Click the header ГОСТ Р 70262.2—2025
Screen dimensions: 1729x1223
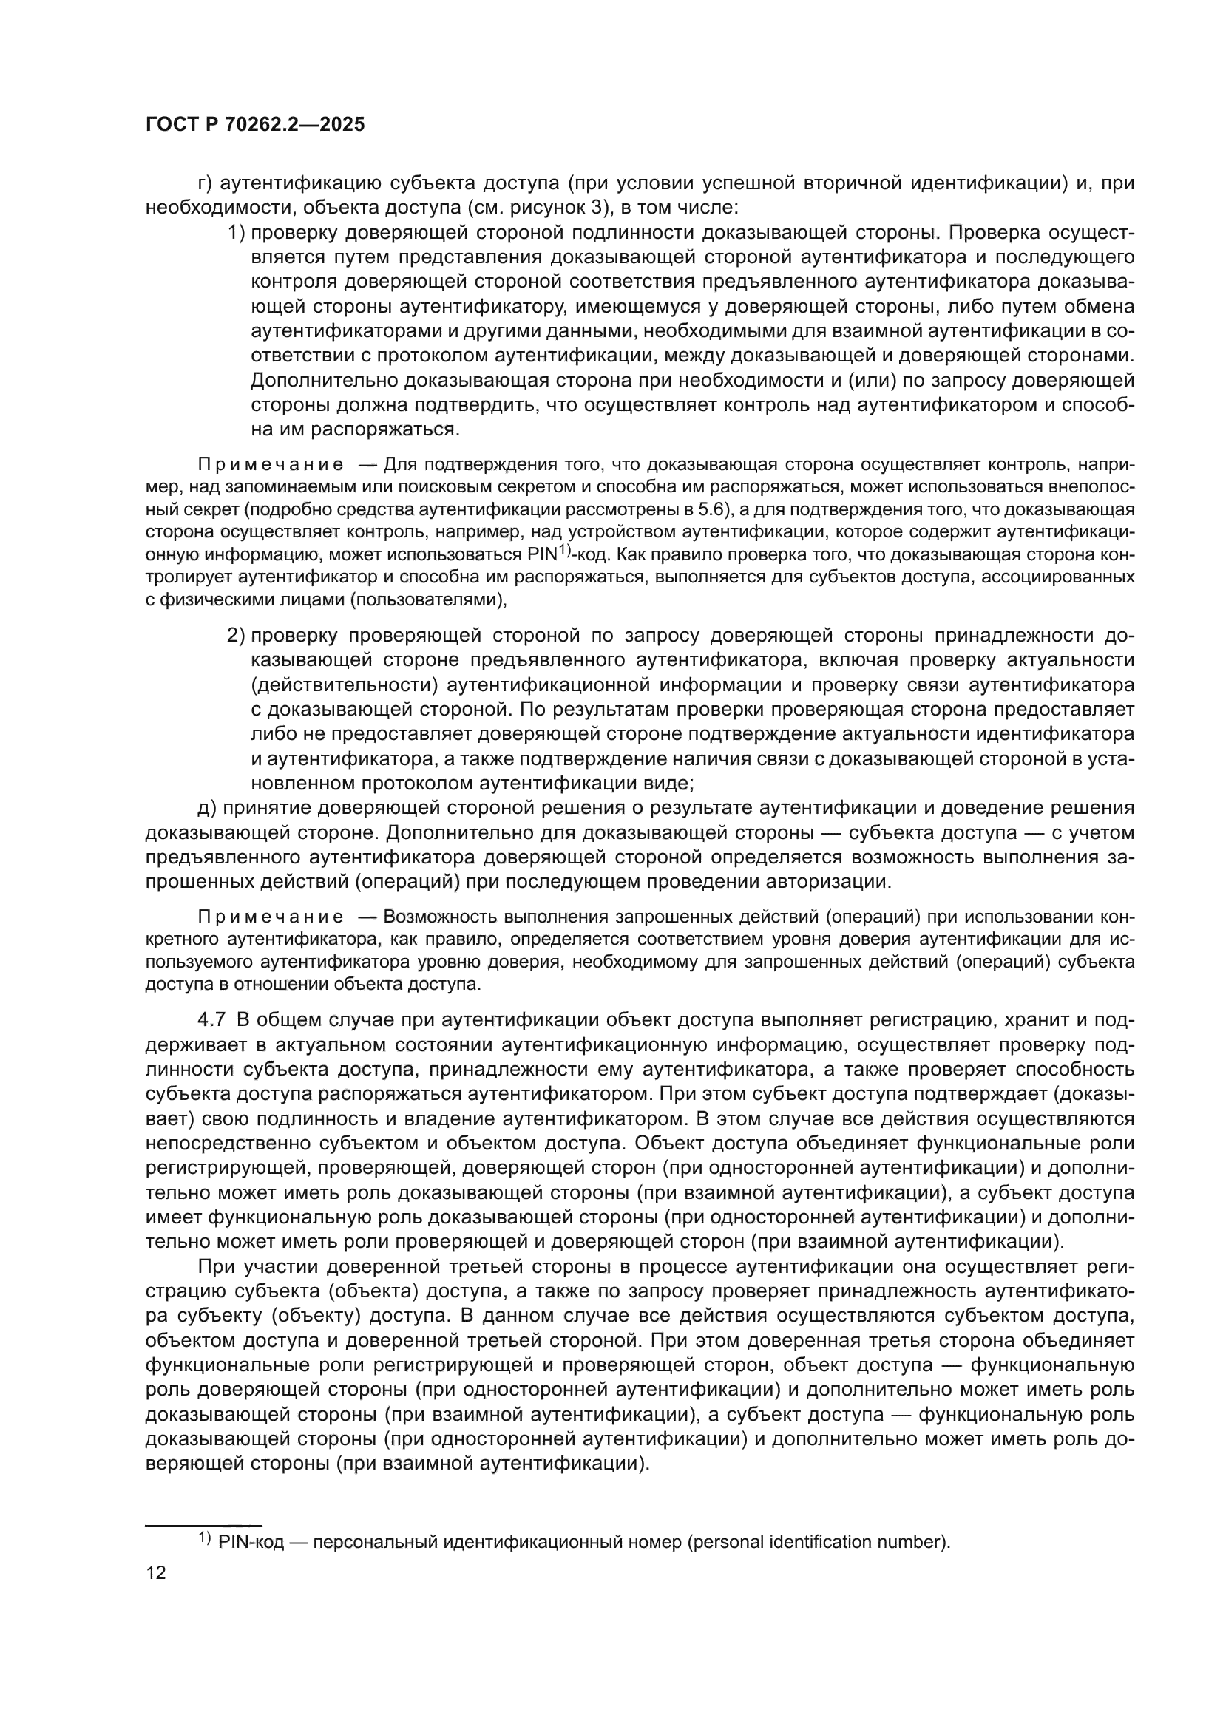(255, 125)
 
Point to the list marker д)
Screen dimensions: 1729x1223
(206, 808)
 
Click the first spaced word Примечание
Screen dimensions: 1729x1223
(271, 464)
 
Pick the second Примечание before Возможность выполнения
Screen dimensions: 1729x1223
(271, 917)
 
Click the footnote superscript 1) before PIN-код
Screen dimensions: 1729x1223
(204, 1538)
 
